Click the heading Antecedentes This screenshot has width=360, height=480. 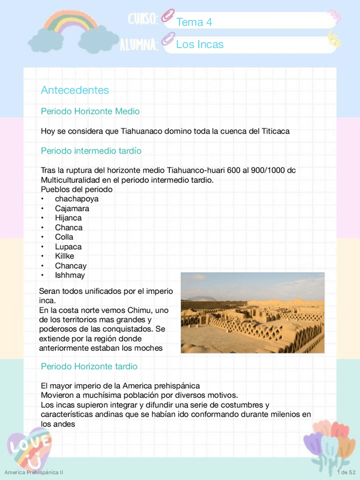pyautogui.click(x=75, y=91)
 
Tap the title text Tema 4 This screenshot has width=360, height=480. pyautogui.click(x=194, y=22)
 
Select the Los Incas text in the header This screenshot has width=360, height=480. pyautogui.click(x=200, y=44)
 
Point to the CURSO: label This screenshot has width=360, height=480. pyautogui.click(x=142, y=20)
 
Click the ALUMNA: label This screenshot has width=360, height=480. pyautogui.click(x=138, y=44)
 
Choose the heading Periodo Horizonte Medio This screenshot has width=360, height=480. pyautogui.click(x=90, y=112)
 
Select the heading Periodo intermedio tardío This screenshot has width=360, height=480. pyautogui.click(x=91, y=151)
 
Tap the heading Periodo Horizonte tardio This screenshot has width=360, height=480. pyautogui.click(x=89, y=366)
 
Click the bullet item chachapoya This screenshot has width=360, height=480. pyautogui.click(x=76, y=199)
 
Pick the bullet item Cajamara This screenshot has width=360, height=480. pyautogui.click(x=72, y=208)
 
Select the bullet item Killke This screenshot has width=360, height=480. pyautogui.click(x=65, y=256)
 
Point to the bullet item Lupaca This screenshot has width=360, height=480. pyautogui.click(x=68, y=247)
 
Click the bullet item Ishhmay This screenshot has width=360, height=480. pyautogui.click(x=70, y=275)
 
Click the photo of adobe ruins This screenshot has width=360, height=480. pyautogui.click(x=252, y=312)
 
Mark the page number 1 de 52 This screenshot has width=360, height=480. pyautogui.click(x=345, y=472)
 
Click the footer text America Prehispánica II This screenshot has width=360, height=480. pyautogui.click(x=33, y=472)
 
